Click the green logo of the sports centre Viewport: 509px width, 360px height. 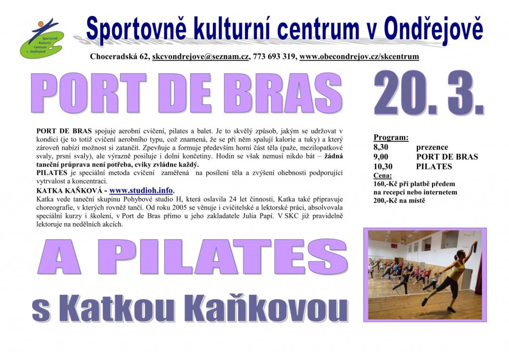[42, 39]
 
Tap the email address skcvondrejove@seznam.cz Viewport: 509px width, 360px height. [200, 57]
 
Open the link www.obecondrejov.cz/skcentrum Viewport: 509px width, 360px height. [359, 57]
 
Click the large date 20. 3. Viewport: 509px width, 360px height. [429, 93]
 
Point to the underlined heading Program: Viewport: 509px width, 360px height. [391, 137]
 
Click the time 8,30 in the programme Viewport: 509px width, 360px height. [380, 147]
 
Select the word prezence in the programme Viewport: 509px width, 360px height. [432, 147]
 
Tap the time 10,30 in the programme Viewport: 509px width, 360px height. [383, 167]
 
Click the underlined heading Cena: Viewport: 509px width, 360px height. [382, 176]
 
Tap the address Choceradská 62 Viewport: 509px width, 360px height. [119, 57]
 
